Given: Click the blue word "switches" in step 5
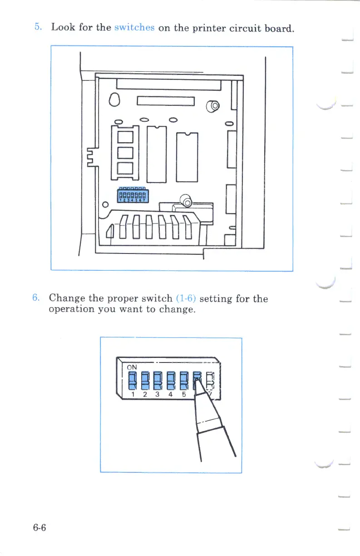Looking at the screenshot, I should (x=134, y=27).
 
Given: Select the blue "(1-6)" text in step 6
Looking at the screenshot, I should (x=185, y=299).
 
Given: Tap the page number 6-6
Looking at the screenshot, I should (x=39, y=528).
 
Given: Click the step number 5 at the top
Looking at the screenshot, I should (x=38, y=27).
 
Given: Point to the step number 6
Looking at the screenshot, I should (x=36, y=298).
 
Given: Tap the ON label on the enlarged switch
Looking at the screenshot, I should (x=132, y=367).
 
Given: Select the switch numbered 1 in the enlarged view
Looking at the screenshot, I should (x=132, y=380).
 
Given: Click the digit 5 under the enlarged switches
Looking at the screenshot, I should (x=184, y=394).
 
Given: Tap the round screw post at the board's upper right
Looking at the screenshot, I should (x=213, y=107).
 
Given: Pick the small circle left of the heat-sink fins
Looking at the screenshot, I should (x=105, y=204).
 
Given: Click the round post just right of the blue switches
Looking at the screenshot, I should (x=187, y=199).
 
